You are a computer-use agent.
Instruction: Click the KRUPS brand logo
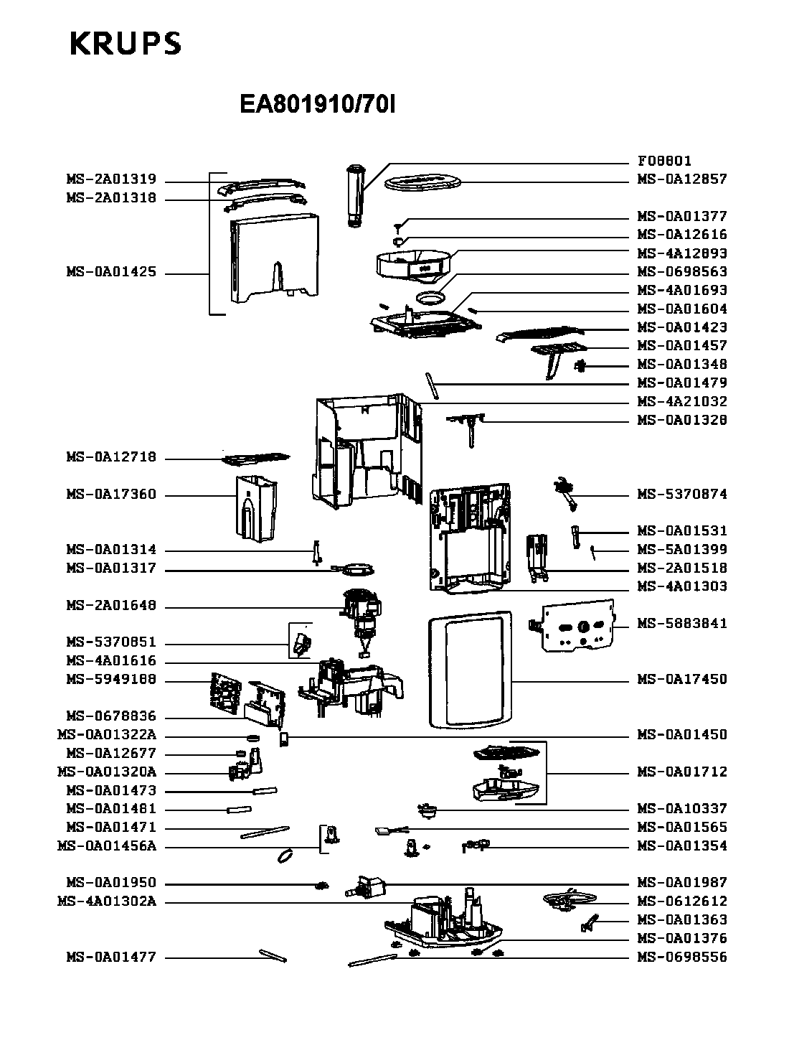pyautogui.click(x=126, y=44)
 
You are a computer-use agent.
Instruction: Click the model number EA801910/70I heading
pyautogui.click(x=318, y=106)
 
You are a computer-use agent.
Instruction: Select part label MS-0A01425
pyautogui.click(x=111, y=273)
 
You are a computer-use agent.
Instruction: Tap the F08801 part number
pyautogui.click(x=664, y=161)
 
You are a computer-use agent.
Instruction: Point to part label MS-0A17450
pyautogui.click(x=682, y=679)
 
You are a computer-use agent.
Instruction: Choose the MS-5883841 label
pyautogui.click(x=682, y=623)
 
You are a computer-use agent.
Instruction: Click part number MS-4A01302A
pyautogui.click(x=106, y=902)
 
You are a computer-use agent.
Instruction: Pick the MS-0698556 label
pyautogui.click(x=682, y=957)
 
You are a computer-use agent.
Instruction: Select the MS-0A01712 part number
pyautogui.click(x=682, y=772)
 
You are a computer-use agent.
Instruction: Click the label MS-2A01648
pyautogui.click(x=111, y=606)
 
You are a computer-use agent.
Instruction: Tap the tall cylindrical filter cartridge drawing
pyautogui.click(x=354, y=195)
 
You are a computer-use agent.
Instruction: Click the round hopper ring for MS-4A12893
pyautogui.click(x=415, y=263)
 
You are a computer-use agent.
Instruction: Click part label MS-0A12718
pyautogui.click(x=111, y=457)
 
